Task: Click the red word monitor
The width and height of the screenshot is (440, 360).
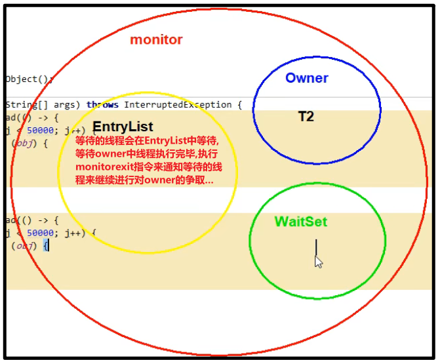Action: click(156, 39)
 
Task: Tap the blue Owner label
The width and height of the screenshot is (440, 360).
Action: click(306, 78)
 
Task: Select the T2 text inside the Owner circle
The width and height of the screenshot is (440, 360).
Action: click(306, 117)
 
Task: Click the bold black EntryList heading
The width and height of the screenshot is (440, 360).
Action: click(123, 127)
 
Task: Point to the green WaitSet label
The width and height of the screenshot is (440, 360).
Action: click(300, 222)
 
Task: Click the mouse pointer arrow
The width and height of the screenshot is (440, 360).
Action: click(319, 262)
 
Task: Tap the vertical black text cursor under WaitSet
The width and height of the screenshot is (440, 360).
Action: click(316, 247)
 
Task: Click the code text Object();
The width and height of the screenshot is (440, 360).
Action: click(29, 79)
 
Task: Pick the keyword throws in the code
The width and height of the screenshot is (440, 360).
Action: click(103, 105)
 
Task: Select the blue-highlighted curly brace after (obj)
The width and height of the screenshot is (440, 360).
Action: click(46, 246)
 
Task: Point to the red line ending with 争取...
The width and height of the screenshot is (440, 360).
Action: click(144, 180)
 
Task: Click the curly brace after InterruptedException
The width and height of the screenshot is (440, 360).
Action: click(239, 105)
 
